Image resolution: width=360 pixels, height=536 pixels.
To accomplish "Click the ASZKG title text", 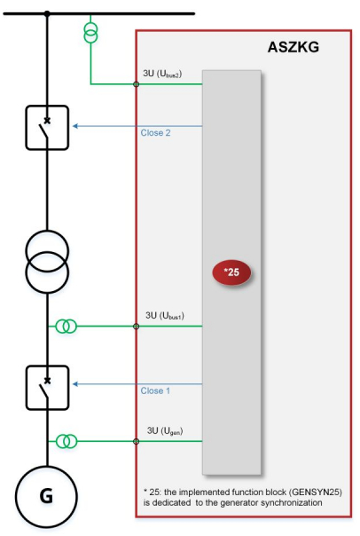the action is coord(293,47).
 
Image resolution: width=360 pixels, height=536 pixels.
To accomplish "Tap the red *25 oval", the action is coord(231,272).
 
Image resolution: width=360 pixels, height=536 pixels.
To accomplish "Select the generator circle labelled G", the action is coord(46,496).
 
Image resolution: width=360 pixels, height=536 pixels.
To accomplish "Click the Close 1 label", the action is coord(155,390).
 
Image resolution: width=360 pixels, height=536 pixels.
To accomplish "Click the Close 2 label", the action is coord(155,132).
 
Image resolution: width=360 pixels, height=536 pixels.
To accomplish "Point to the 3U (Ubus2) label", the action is coord(162,74).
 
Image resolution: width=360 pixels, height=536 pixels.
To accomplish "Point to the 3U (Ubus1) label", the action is coord(165,316).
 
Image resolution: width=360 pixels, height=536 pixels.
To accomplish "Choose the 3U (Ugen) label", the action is coord(165,430).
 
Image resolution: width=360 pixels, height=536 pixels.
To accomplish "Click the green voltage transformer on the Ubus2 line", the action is coord(90,33).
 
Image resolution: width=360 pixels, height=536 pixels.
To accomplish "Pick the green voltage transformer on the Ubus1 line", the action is coord(67,327).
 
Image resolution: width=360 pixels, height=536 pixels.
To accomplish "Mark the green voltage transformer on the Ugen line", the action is coord(67,441).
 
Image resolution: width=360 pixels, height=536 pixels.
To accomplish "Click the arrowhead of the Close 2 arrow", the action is coord(75,126).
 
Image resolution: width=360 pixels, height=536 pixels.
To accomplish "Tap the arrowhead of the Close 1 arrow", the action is coord(75,384).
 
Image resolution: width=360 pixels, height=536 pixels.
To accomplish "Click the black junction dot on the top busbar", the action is coord(47,13).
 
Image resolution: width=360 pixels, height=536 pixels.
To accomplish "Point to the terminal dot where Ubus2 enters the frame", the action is coord(136,83).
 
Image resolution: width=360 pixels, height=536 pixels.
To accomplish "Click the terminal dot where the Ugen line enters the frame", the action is coord(136,441).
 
